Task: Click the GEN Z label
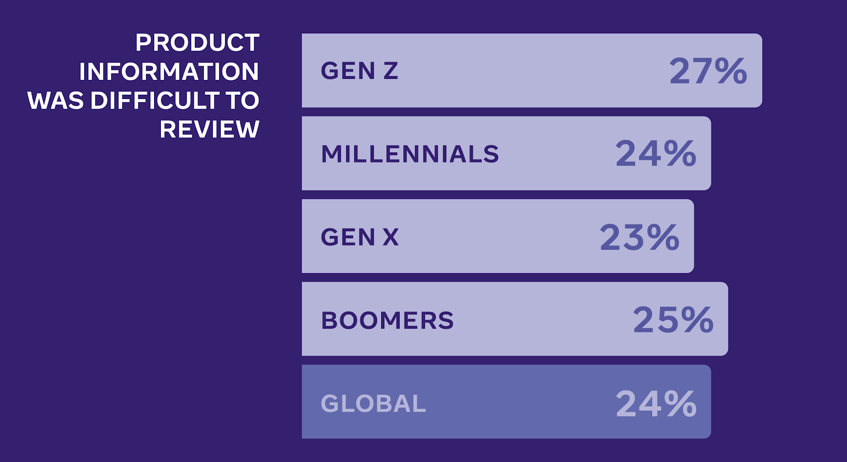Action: pyautogui.click(x=359, y=71)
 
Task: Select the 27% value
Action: pyautogui.click(x=708, y=71)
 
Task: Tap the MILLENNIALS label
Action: pyautogui.click(x=410, y=154)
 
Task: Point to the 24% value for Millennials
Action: pyautogui.click(x=656, y=153)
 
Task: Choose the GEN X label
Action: pyautogui.click(x=359, y=237)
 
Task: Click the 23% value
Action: pyautogui.click(x=639, y=237)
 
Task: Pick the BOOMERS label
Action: pyautogui.click(x=387, y=320)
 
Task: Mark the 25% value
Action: pyautogui.click(x=673, y=320)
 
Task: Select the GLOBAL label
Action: pyautogui.click(x=373, y=403)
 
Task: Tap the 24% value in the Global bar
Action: pyautogui.click(x=656, y=403)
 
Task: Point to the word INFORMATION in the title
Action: pyautogui.click(x=169, y=71)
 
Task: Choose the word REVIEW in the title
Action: pyautogui.click(x=210, y=129)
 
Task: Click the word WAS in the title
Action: pyautogui.click(x=56, y=100)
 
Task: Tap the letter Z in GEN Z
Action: pyautogui.click(x=391, y=71)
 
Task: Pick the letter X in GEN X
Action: pyautogui.click(x=391, y=237)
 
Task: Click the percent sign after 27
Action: pyautogui.click(x=731, y=71)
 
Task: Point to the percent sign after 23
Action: pyautogui.click(x=663, y=237)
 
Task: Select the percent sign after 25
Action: pyautogui.click(x=697, y=320)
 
